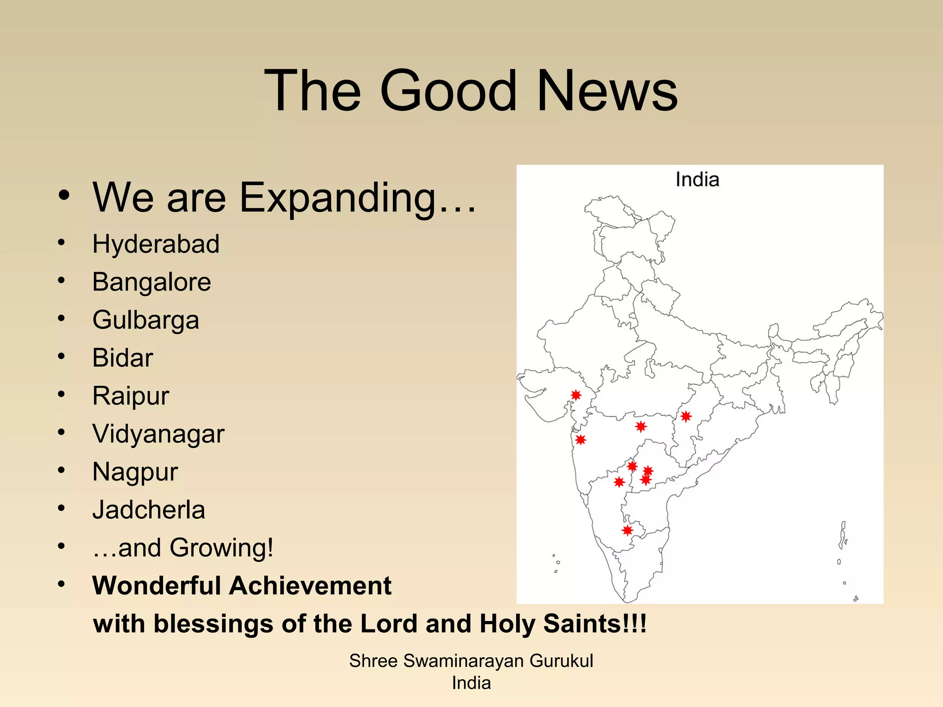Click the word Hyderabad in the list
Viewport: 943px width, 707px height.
[156, 244]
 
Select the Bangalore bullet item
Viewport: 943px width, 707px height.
[151, 282]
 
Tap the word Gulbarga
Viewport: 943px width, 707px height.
[146, 320]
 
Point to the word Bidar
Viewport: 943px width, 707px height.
[122, 358]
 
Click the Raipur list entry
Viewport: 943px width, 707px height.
[131, 396]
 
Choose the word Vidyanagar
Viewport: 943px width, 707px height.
[158, 434]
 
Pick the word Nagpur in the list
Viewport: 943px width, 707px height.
[135, 472]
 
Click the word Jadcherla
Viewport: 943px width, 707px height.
[148, 510]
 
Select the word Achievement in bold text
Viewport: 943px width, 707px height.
[310, 586]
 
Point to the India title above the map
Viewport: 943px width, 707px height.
[697, 180]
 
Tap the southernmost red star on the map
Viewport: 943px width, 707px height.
[627, 530]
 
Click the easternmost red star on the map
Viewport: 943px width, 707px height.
[686, 417]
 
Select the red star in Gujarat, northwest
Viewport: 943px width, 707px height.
[576, 395]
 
